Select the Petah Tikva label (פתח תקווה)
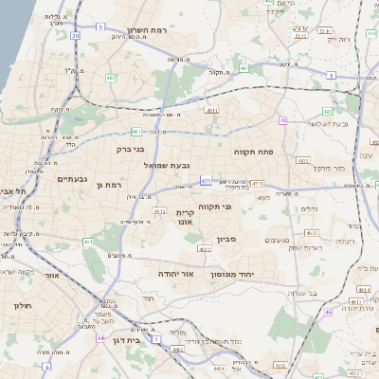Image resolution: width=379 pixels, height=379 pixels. [x=253, y=151]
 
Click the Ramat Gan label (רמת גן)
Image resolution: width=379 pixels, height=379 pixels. [x=112, y=185]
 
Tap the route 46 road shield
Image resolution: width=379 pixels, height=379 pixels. [x=328, y=312]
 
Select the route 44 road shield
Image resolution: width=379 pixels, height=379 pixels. [x=100, y=337]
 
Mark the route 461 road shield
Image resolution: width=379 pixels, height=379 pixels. [x=88, y=243]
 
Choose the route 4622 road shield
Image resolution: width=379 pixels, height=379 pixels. [x=203, y=249]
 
